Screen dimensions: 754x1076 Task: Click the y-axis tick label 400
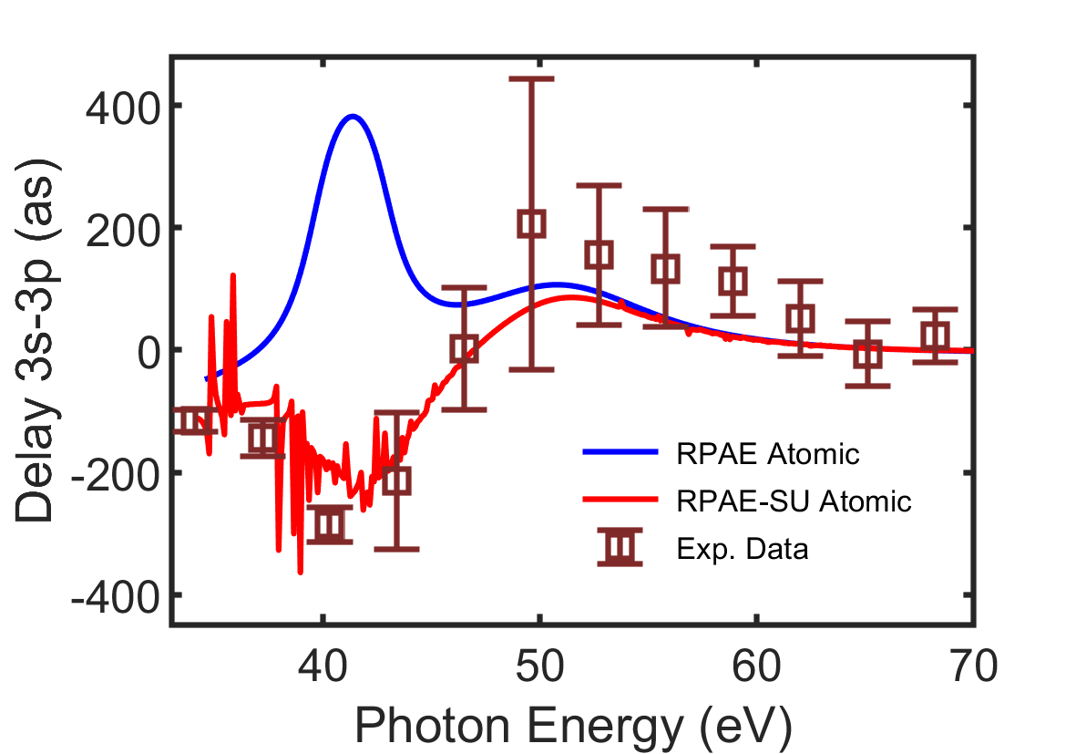point(121,106)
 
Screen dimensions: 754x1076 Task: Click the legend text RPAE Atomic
point(767,453)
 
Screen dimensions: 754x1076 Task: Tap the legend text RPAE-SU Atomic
point(793,501)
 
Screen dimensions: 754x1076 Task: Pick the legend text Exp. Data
point(743,550)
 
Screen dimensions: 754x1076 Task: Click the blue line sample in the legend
point(620,451)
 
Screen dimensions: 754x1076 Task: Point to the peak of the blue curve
point(353,116)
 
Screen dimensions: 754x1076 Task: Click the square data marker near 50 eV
point(532,223)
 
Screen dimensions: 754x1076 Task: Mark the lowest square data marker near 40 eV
point(330,524)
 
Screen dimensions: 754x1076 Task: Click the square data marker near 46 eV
point(465,348)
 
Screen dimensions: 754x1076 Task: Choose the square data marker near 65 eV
point(868,354)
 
